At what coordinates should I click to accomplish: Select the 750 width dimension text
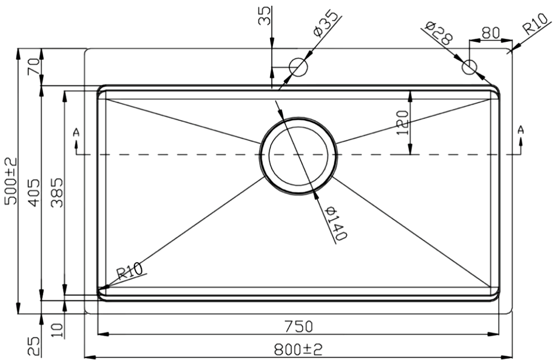[x=298, y=326]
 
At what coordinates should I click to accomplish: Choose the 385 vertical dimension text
[x=57, y=192]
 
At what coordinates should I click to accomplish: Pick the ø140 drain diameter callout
[x=337, y=223]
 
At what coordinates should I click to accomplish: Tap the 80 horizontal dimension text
[x=490, y=33]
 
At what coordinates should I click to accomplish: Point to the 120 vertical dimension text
[x=402, y=123]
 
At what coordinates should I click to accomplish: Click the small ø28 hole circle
[x=470, y=67]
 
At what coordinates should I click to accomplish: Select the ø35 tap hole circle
[x=298, y=67]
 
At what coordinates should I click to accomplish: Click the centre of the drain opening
[x=298, y=155]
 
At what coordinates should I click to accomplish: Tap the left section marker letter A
[x=76, y=132]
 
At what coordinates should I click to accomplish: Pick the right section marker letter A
[x=521, y=129]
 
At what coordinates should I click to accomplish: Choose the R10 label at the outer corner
[x=535, y=25]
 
